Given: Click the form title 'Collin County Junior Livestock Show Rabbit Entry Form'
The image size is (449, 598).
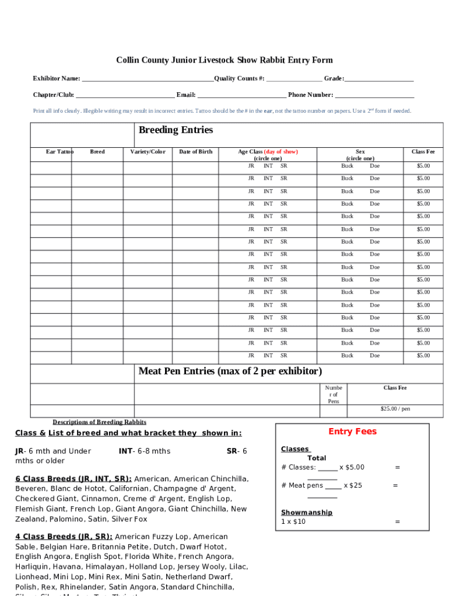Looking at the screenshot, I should pyautogui.click(x=224, y=60).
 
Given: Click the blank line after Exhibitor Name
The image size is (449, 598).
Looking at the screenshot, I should pyautogui.click(x=148, y=79).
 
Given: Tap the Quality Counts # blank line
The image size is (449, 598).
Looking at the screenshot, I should pyautogui.click(x=294, y=79).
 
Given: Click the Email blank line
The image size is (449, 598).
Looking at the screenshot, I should pyautogui.click(x=241, y=96).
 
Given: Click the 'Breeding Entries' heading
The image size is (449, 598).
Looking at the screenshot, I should pyautogui.click(x=176, y=130).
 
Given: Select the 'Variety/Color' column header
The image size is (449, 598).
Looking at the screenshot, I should pyautogui.click(x=148, y=152).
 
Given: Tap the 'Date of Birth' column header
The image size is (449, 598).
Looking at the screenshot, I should pyautogui.click(x=195, y=152).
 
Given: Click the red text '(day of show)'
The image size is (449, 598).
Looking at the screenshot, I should pyautogui.click(x=281, y=152).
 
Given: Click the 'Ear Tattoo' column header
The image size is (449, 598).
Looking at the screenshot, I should pyautogui.click(x=59, y=152).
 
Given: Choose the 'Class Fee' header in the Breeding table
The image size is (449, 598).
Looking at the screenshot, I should pyautogui.click(x=423, y=152).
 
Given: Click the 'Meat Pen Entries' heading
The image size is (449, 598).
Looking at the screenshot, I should pyautogui.click(x=230, y=371).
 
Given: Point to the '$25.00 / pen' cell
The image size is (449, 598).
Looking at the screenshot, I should pyautogui.click(x=395, y=409).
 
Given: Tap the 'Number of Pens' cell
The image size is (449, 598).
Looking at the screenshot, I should pyautogui.click(x=334, y=394).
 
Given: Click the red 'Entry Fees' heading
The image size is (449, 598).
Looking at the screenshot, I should pyautogui.click(x=352, y=432).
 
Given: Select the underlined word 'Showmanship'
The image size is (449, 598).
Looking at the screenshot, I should pyautogui.click(x=307, y=512).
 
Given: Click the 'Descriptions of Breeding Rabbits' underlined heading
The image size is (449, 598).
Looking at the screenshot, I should pyautogui.click(x=99, y=422).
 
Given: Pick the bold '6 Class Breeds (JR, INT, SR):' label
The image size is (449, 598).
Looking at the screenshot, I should pyautogui.click(x=73, y=479).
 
